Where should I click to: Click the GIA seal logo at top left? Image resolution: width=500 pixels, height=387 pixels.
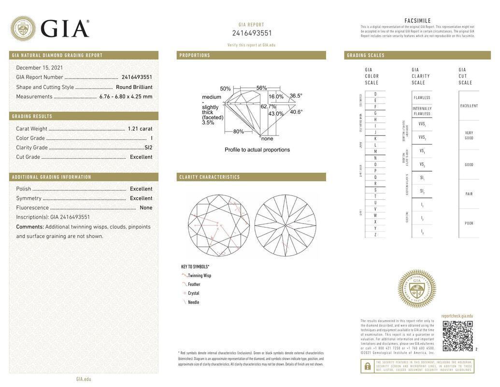tap(23, 29)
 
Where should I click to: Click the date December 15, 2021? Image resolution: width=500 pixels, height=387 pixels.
tap(39, 68)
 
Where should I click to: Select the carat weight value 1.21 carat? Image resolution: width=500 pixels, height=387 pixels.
tap(140, 129)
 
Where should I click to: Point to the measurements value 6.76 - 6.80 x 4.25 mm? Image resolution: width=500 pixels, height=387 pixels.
tap(126, 96)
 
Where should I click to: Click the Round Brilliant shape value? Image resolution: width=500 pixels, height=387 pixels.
tap(134, 87)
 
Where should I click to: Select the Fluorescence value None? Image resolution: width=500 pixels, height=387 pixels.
tap(146, 208)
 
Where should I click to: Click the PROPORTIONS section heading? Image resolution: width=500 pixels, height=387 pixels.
tap(195, 55)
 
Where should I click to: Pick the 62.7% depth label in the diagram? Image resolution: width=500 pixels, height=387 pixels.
tap(268, 106)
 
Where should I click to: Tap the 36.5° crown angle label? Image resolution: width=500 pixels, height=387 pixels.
tap(296, 96)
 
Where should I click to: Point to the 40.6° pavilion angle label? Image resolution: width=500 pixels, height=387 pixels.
tap(296, 112)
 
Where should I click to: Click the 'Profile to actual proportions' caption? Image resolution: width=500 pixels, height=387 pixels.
tap(257, 149)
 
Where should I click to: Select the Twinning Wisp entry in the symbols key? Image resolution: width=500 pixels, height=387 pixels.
tap(199, 276)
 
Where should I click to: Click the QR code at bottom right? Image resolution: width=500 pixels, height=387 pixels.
tap(457, 336)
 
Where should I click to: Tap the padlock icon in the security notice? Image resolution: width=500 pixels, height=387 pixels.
tap(367, 366)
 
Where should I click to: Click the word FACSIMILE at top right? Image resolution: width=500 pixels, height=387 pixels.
tap(417, 21)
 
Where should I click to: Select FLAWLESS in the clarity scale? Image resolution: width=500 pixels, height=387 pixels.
tap(422, 98)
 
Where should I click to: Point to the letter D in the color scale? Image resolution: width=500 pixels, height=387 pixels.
tap(375, 94)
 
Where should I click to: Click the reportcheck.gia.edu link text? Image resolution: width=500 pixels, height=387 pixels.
tap(457, 316)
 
